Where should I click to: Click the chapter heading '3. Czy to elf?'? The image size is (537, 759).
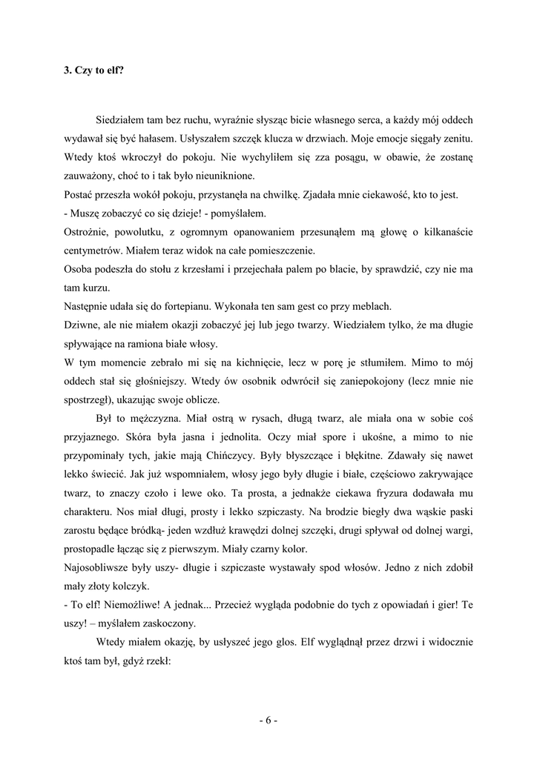pyautogui.click(x=93, y=71)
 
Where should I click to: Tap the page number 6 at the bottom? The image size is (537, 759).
pyautogui.click(x=268, y=720)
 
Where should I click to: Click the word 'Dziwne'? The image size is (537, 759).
pyautogui.click(x=82, y=325)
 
